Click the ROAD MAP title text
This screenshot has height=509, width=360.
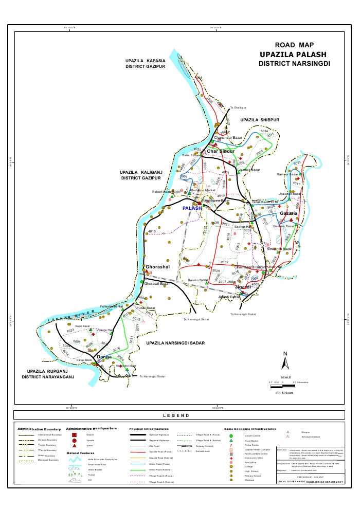[294, 45]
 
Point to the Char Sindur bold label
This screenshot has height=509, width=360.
[221, 151]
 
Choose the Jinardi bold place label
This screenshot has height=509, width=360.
[243, 286]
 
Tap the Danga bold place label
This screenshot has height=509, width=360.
[104, 356]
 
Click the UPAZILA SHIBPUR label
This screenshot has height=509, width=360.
[259, 119]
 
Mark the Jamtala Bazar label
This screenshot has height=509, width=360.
[250, 170]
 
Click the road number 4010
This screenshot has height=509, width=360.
[152, 232]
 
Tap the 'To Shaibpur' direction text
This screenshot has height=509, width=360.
[238, 107]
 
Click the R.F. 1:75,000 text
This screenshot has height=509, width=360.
[284, 392]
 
